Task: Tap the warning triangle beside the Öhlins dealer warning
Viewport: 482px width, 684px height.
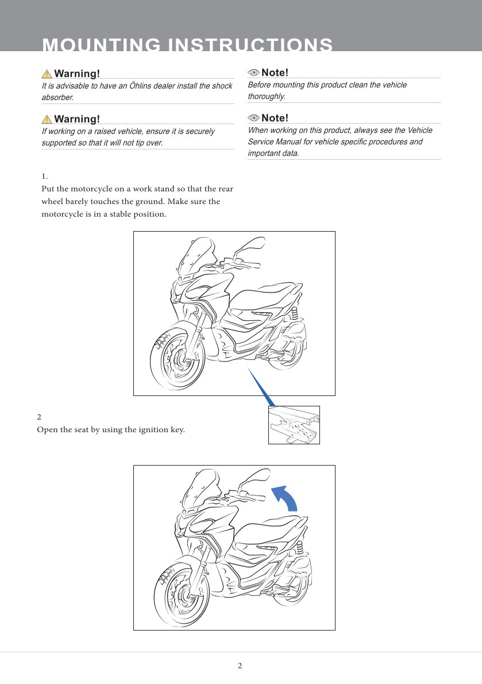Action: coord(47,74)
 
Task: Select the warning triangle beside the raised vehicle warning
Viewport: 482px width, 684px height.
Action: coord(47,119)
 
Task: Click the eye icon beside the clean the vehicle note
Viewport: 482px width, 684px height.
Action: coord(253,73)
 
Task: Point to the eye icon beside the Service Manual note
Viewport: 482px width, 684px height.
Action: coord(253,118)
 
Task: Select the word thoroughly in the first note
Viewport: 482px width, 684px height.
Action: coord(266,97)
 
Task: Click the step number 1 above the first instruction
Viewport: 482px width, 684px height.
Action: coord(44,176)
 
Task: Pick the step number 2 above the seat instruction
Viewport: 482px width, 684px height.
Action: coord(39,417)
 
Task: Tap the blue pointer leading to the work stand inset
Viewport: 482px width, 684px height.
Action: coord(261,387)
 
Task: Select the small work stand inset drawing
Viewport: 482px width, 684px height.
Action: coord(294,425)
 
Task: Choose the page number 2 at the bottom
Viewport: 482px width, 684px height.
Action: coord(240,666)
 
